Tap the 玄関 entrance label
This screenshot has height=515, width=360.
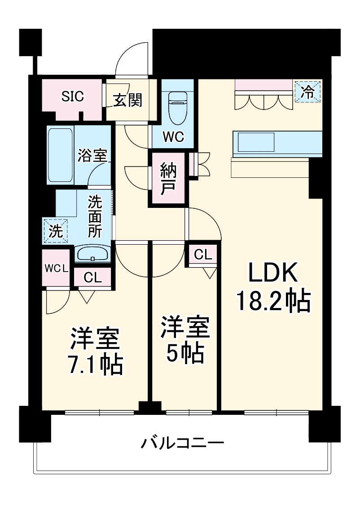click(x=127, y=101)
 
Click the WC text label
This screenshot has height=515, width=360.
click(x=173, y=137)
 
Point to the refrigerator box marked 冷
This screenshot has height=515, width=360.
click(x=307, y=92)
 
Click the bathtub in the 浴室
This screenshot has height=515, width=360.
click(x=60, y=154)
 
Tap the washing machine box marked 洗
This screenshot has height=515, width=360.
click(x=55, y=231)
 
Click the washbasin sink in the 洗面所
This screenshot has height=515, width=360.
click(x=93, y=254)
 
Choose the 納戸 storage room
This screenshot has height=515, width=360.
click(x=167, y=179)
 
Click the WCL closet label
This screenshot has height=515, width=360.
click(x=56, y=269)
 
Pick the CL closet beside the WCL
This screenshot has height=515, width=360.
click(x=93, y=277)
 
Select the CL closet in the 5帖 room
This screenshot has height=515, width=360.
click(x=202, y=255)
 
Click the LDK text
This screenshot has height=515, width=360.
click(x=273, y=274)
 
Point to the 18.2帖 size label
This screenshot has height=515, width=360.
click(x=273, y=301)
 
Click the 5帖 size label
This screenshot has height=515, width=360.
click(x=185, y=354)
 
